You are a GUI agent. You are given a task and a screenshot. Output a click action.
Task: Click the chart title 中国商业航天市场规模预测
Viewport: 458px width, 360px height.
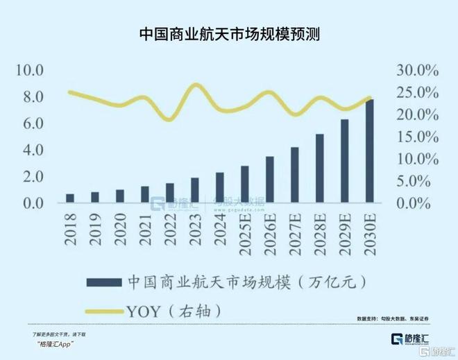[229, 33]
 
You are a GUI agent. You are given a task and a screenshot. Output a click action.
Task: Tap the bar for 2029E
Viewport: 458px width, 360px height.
[344, 162]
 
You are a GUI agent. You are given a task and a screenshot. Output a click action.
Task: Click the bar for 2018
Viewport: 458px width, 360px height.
[70, 199]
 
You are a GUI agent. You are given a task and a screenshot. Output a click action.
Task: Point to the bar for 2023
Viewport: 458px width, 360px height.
[195, 191]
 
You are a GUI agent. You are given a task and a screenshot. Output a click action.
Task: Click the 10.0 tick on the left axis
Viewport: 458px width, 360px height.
[30, 71]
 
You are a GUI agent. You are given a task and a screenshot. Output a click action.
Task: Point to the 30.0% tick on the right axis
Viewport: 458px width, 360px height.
[418, 71]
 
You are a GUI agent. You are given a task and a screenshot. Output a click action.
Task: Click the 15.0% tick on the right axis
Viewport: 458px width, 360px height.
[418, 137]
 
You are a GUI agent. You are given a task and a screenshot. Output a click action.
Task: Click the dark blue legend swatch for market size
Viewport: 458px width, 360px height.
[103, 282]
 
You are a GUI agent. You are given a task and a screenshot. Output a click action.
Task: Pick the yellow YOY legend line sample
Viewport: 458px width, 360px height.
[103, 309]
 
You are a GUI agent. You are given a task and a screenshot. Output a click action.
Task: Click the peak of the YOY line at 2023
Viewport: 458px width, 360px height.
[196, 85]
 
